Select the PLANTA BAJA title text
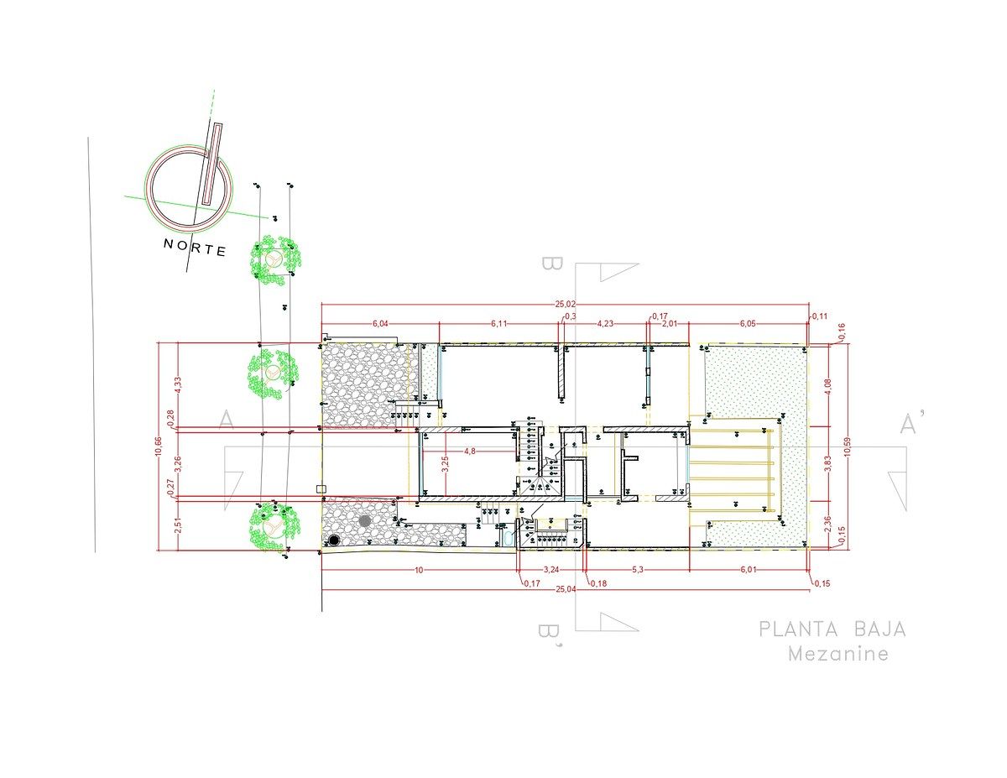coord(832,629)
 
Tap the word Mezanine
coord(837,655)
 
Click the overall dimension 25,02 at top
coord(566,303)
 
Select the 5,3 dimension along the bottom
coord(639,570)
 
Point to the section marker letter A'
coord(907,425)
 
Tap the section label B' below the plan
coord(551,634)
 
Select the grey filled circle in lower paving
coord(364,521)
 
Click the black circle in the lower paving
coord(334,540)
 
